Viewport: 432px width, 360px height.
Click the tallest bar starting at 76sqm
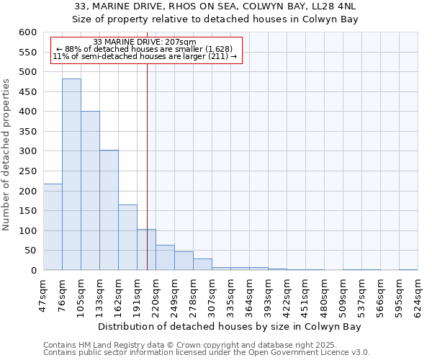click(x=71, y=174)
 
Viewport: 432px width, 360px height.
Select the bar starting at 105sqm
click(x=90, y=191)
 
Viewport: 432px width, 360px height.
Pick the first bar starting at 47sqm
click(x=53, y=227)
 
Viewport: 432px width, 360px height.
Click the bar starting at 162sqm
click(x=127, y=238)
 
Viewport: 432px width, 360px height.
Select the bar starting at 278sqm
click(x=202, y=264)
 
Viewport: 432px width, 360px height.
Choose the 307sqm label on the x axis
click(x=212, y=295)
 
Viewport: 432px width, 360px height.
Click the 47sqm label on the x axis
click(x=43, y=295)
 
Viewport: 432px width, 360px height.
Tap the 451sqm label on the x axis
click(x=305, y=295)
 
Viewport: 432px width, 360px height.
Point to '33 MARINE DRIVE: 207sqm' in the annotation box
click(x=145, y=42)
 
